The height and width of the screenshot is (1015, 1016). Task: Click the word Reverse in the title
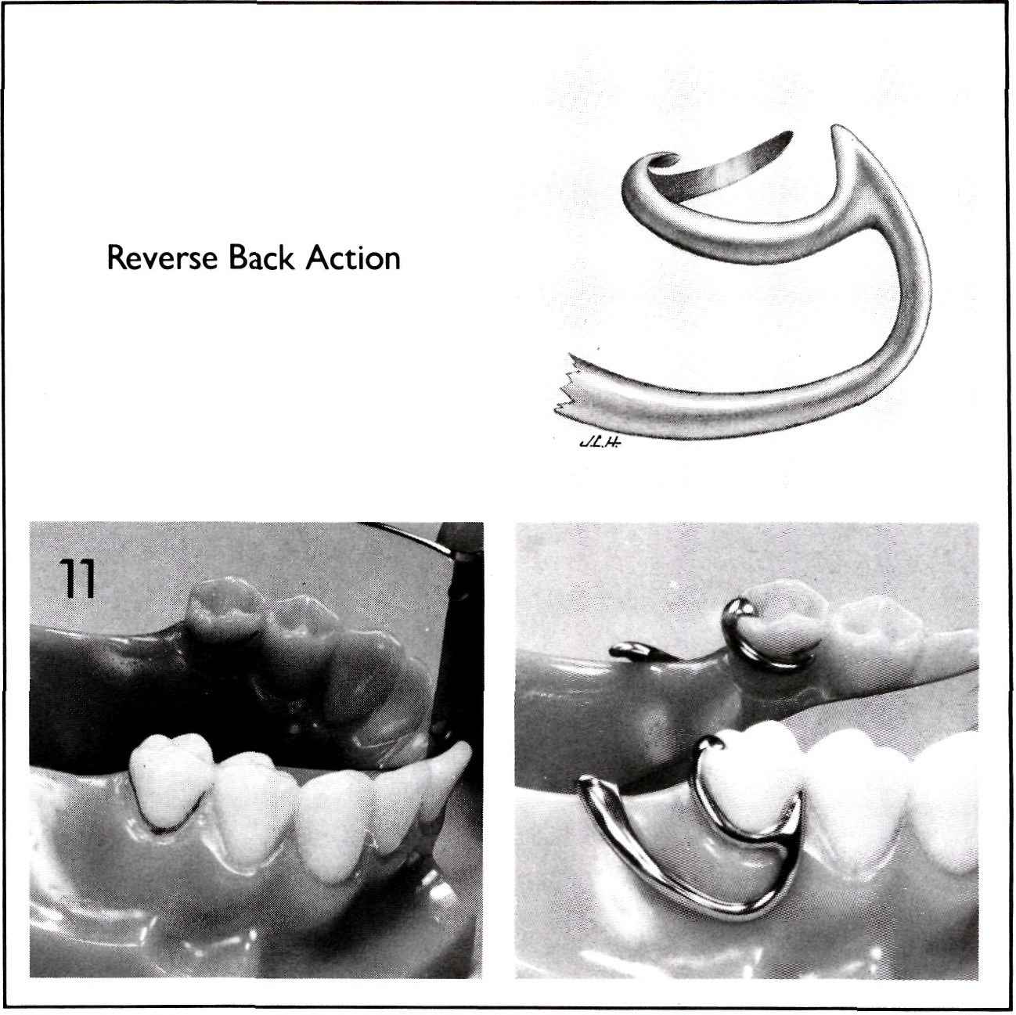(x=162, y=257)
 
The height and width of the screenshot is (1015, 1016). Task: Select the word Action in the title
(x=353, y=257)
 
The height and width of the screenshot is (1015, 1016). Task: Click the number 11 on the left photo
(x=77, y=579)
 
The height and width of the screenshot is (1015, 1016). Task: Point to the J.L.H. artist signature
(x=600, y=443)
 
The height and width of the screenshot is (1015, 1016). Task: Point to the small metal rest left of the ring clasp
(x=640, y=652)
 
